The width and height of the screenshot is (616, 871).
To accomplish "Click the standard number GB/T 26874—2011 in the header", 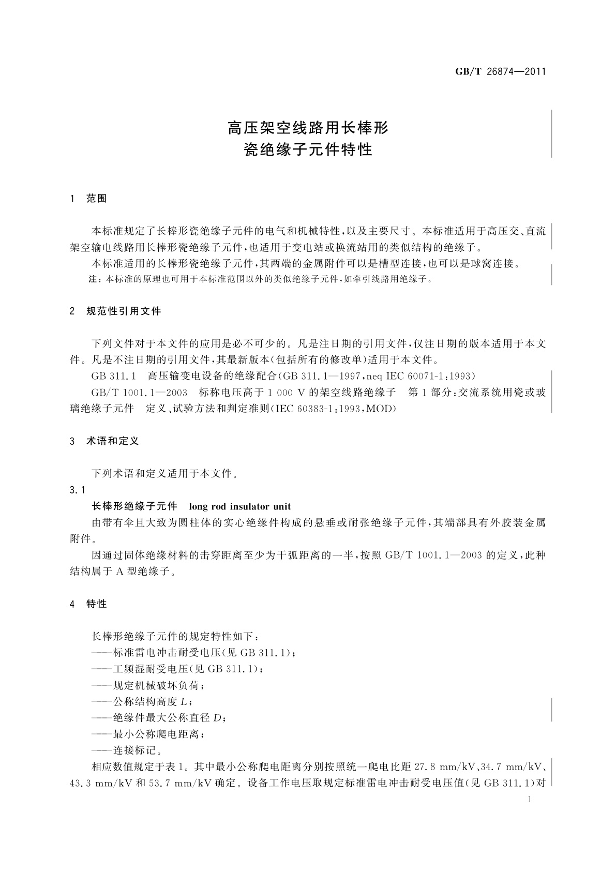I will coord(500,72).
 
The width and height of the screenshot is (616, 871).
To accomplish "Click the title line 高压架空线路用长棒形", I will coord(308,127).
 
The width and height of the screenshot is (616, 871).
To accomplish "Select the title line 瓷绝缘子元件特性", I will coord(308,150).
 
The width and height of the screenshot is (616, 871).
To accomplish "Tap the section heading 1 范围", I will coord(88,199).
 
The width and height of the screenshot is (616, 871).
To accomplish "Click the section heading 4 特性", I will coord(88,604).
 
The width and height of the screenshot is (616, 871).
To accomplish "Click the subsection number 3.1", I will coord(77,489).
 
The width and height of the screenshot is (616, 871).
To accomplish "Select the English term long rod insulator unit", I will coord(240,506).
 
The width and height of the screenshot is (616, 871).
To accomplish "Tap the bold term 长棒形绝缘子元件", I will coord(134,506).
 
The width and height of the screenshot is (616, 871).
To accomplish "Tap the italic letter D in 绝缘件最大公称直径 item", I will coord(218,718).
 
